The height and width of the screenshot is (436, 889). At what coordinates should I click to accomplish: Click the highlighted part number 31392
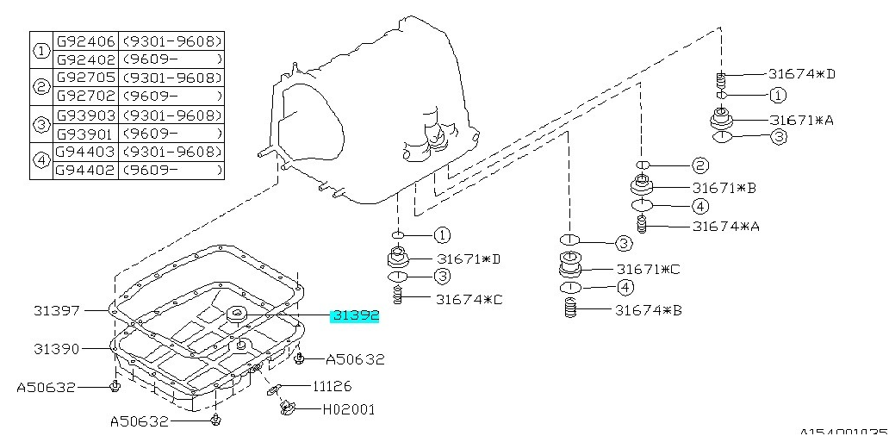click(x=356, y=316)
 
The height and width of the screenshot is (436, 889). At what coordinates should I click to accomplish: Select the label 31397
click(x=58, y=308)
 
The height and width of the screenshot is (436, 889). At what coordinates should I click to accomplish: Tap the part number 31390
click(x=58, y=349)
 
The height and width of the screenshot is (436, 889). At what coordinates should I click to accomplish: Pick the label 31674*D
click(x=802, y=74)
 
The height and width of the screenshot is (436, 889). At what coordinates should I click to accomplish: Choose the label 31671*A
click(x=801, y=120)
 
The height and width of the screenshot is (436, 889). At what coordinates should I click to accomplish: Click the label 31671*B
click(x=724, y=187)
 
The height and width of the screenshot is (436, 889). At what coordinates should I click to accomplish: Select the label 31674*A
click(x=724, y=227)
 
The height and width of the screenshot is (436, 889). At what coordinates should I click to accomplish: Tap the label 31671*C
click(x=647, y=269)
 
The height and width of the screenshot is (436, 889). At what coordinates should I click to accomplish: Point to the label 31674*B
click(x=647, y=309)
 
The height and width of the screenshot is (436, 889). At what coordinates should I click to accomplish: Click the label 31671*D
click(x=469, y=258)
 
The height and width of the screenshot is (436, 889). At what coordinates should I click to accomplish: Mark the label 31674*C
click(x=469, y=299)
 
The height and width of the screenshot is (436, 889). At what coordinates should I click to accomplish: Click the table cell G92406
click(x=86, y=40)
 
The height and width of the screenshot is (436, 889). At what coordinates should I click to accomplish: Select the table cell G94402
click(x=86, y=171)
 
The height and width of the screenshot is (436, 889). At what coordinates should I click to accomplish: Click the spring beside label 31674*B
click(x=569, y=308)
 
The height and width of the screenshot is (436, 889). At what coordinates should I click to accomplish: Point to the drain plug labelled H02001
click(x=287, y=407)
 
